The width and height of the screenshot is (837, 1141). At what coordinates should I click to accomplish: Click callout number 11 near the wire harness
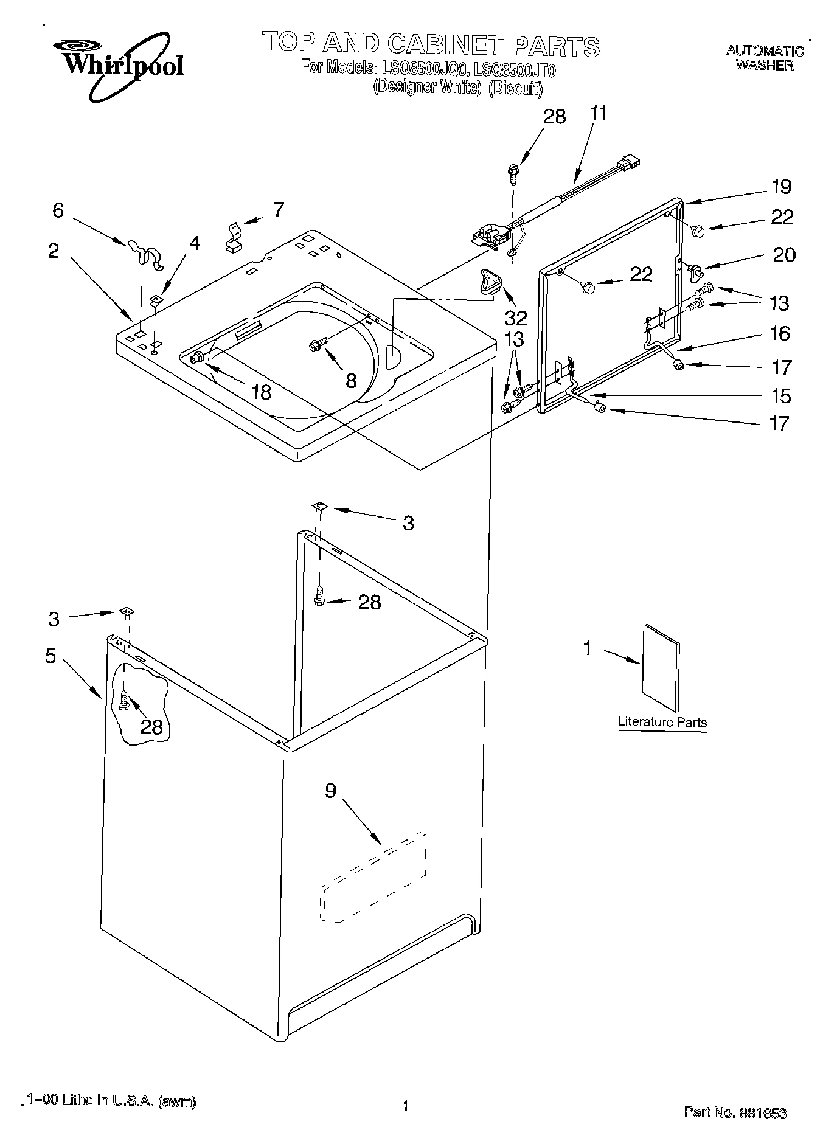(x=598, y=114)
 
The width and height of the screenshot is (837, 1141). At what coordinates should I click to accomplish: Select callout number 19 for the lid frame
(x=782, y=187)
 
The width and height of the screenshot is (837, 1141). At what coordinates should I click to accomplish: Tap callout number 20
(x=783, y=254)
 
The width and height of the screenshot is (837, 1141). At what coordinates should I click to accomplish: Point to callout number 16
(x=780, y=333)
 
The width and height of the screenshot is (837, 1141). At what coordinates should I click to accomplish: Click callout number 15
(x=781, y=397)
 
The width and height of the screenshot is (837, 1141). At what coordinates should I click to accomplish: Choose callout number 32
(x=516, y=316)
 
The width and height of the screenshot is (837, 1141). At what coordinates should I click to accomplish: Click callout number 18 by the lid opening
(x=262, y=392)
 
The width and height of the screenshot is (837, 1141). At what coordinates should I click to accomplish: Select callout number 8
(x=351, y=380)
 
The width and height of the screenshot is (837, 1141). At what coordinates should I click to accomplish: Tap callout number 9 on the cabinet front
(x=330, y=791)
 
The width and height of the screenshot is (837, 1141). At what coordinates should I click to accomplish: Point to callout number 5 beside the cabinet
(x=50, y=656)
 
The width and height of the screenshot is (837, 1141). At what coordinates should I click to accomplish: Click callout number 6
(x=58, y=210)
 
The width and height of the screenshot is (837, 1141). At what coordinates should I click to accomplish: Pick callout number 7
(x=278, y=209)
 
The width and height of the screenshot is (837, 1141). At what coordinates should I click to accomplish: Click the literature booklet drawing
(x=661, y=667)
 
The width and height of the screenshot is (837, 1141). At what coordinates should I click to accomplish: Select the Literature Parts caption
(x=662, y=722)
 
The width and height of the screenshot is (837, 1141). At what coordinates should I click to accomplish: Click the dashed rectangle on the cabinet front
(x=373, y=878)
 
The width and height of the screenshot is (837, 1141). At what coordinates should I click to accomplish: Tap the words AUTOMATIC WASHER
(x=765, y=58)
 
